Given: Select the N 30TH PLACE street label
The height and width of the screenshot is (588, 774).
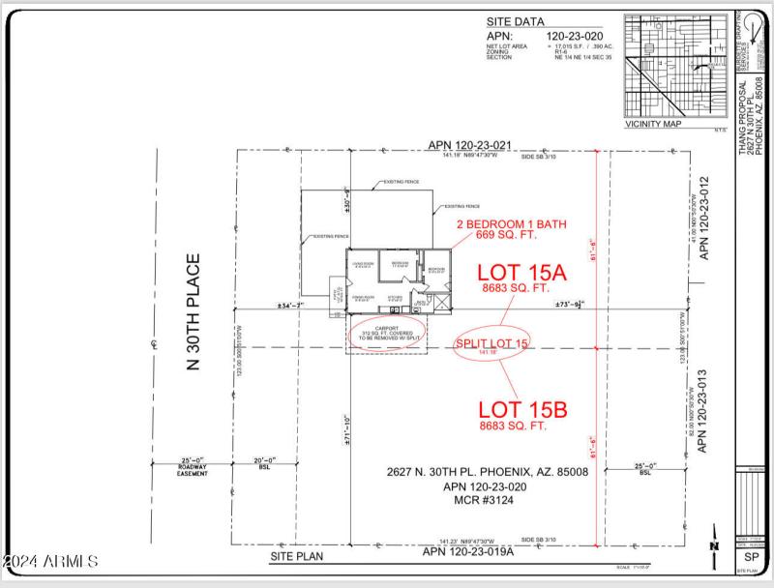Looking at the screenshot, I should click(193, 313).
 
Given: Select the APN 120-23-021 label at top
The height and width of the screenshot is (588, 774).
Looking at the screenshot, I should click(468, 144).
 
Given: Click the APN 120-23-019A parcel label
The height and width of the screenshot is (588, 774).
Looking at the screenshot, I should click(469, 551).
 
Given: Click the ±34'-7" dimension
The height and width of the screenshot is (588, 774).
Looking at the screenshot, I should click(288, 306).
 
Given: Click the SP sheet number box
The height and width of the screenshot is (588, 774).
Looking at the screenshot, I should click(750, 557).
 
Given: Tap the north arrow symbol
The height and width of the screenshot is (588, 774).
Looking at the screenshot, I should click(714, 551).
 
